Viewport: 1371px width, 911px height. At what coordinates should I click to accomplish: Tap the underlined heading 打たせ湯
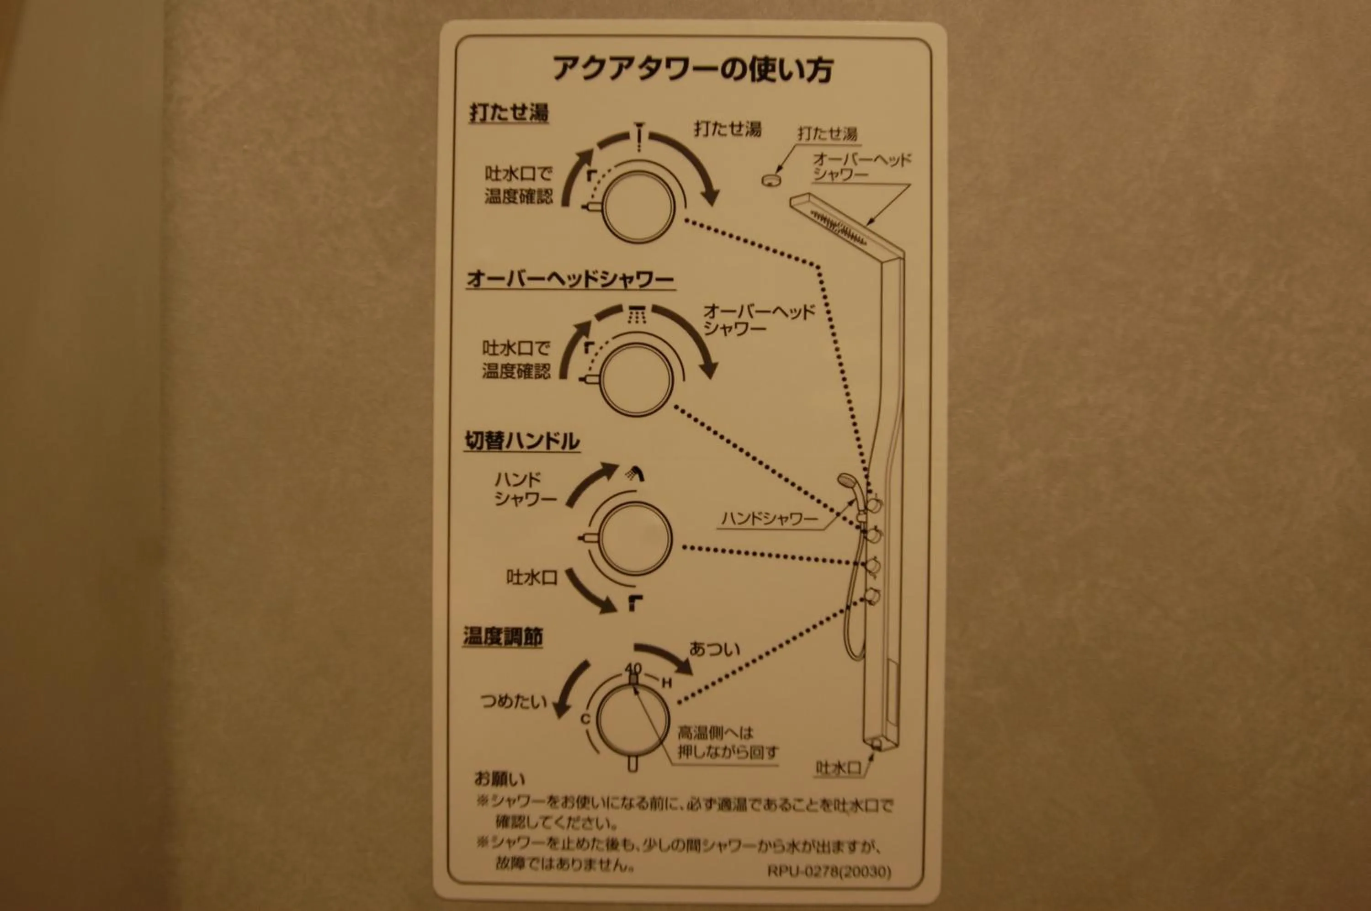click(x=509, y=113)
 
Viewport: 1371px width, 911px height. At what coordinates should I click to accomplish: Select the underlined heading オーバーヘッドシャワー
click(x=569, y=280)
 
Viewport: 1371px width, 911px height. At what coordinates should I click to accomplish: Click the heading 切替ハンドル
click(x=521, y=441)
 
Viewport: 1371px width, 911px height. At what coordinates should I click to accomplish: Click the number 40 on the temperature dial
click(x=633, y=669)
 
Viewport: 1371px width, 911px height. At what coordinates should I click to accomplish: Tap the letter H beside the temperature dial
click(x=667, y=683)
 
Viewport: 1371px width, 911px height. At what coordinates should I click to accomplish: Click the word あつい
click(x=714, y=649)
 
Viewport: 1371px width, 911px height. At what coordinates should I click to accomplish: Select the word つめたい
click(x=513, y=701)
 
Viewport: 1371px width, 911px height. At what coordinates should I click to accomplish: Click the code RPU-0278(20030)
click(x=829, y=872)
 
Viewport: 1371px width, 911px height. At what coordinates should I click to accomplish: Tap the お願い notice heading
click(x=500, y=778)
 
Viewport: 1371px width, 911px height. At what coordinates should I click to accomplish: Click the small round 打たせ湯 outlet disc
click(x=770, y=180)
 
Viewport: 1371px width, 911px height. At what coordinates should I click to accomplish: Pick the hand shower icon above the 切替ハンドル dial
click(x=635, y=473)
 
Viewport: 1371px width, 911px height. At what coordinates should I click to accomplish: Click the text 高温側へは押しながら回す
click(x=727, y=742)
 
